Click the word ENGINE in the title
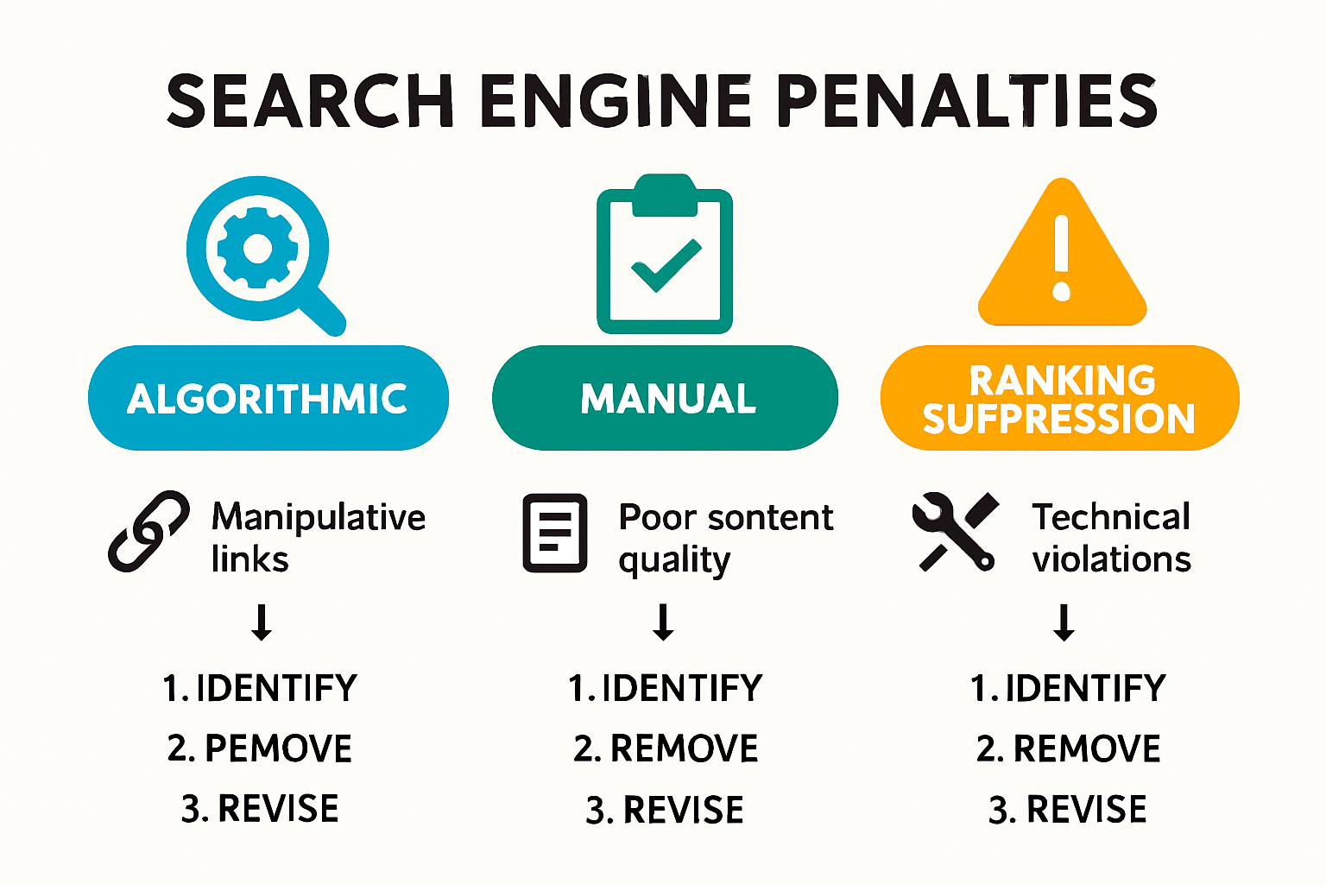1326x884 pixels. (x=616, y=101)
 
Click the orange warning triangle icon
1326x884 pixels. (x=1062, y=259)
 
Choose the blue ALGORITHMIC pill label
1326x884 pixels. (x=268, y=398)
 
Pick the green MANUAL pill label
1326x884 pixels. (x=665, y=398)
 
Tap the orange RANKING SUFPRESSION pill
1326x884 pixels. (x=1059, y=398)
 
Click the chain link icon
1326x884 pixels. (x=148, y=531)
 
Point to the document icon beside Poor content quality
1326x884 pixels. (x=555, y=533)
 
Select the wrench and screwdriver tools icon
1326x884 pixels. (x=955, y=532)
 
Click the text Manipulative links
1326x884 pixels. (x=318, y=537)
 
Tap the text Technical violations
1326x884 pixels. (x=1112, y=537)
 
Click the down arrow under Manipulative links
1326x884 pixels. (x=262, y=622)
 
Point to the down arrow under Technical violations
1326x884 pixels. (x=1064, y=622)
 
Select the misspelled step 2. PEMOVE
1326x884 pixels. (x=260, y=748)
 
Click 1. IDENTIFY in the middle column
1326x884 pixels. (x=665, y=688)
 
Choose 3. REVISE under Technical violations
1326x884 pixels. (x=1067, y=810)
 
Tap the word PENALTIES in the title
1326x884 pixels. (x=966, y=101)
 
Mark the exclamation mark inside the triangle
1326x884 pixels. (x=1062, y=257)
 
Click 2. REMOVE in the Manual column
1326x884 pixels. (x=665, y=748)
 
